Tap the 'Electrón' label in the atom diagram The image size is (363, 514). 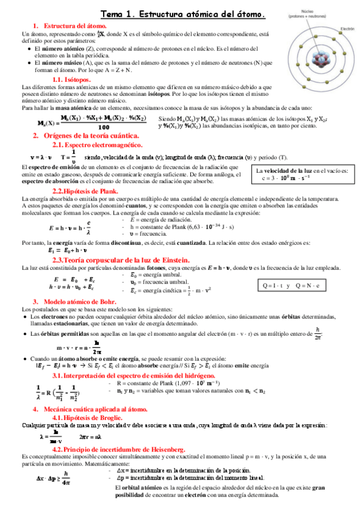coord(347,28)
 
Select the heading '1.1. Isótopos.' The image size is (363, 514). coord(72,79)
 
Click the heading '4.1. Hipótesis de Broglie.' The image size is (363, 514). coord(88,418)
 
